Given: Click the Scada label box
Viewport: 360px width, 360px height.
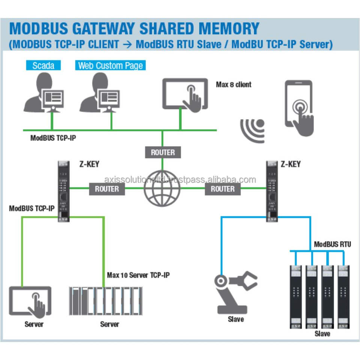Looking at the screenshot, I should (x=43, y=66).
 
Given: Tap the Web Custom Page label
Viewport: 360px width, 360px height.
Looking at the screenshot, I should (x=110, y=66).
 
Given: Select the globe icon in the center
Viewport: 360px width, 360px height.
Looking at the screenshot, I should (x=162, y=188).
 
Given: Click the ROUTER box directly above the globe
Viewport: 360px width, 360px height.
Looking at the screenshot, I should (x=163, y=152).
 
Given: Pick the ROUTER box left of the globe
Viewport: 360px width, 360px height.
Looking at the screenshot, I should (x=107, y=189).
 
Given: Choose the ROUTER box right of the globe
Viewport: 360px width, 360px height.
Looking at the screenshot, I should (x=223, y=189).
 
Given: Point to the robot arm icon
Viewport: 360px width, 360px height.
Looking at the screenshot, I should (x=234, y=291).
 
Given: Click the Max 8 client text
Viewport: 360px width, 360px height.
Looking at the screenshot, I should (x=234, y=84).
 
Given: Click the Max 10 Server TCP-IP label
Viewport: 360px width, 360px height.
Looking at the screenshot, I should (x=138, y=275).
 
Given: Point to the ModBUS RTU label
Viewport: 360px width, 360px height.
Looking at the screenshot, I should (x=332, y=244).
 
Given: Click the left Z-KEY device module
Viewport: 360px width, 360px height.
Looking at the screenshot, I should (x=64, y=191).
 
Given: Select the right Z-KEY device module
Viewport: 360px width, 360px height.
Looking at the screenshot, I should (x=272, y=191).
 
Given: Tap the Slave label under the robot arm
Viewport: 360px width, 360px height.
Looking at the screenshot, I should (x=235, y=319).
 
